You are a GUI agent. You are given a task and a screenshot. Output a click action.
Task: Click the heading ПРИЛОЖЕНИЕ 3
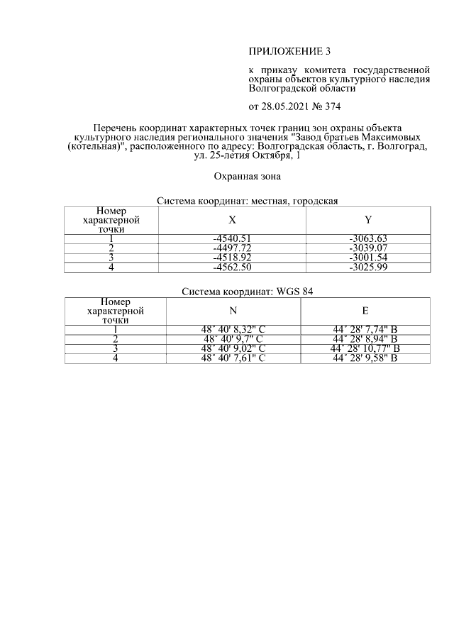pyautogui.click(x=289, y=51)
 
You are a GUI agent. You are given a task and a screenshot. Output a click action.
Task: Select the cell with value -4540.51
pyautogui.click(x=233, y=238)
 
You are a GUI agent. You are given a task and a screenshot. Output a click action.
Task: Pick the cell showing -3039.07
pyautogui.click(x=367, y=248)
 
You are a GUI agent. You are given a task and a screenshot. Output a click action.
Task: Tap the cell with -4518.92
pyautogui.click(x=233, y=258)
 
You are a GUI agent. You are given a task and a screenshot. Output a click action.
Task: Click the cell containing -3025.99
pyautogui.click(x=367, y=267)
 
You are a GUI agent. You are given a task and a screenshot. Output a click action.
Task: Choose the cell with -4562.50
pyautogui.click(x=233, y=267)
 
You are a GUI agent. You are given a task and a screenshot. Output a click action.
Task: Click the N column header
pyautogui.click(x=233, y=311)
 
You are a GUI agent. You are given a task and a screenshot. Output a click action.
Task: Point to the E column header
pyautogui.click(x=365, y=311)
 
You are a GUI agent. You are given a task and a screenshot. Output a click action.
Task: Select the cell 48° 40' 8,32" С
pyautogui.click(x=233, y=329)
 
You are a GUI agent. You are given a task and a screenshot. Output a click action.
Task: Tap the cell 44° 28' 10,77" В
pyautogui.click(x=365, y=348)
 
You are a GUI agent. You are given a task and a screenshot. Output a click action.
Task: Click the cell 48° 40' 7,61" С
pyautogui.click(x=233, y=358)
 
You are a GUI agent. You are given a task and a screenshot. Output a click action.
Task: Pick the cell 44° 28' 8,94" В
pyautogui.click(x=365, y=338)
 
